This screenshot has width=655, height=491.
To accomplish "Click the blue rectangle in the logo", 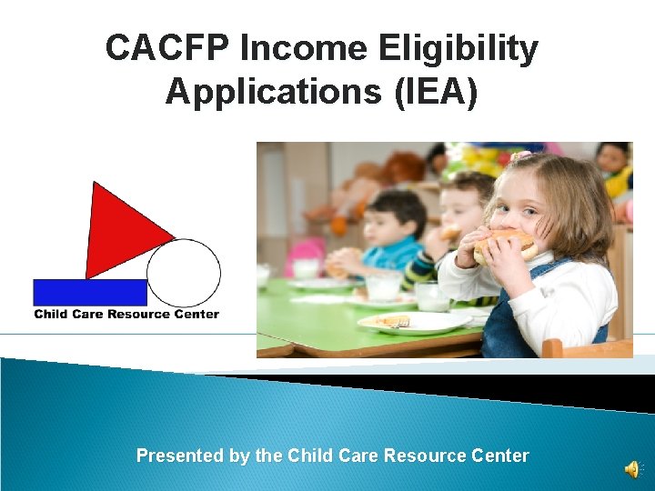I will [x=89, y=292].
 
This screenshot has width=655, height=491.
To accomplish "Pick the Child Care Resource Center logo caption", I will [x=126, y=315].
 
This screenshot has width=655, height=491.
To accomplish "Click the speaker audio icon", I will [x=630, y=468].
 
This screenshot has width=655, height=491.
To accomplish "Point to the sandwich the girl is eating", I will [x=505, y=245].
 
